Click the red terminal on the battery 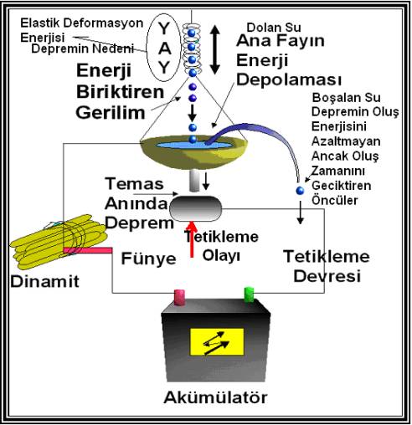coord(179,298)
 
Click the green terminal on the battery coord(249,294)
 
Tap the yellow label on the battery coord(217,342)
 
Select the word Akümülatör coord(215,397)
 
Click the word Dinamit coord(45,281)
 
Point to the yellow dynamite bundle coord(57,241)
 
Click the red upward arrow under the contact coord(192,239)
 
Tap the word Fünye coord(149,259)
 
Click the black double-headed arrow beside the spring coord(214,50)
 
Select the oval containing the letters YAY coord(164,48)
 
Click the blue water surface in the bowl coord(193,145)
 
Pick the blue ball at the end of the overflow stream coord(300,191)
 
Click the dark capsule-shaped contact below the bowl coord(196,208)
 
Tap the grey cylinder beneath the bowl coord(194,181)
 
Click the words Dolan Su coord(274,28)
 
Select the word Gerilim coord(111,113)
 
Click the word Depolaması coord(289,79)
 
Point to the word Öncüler coord(335,200)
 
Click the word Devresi coord(327,276)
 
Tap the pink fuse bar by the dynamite coord(88,250)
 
